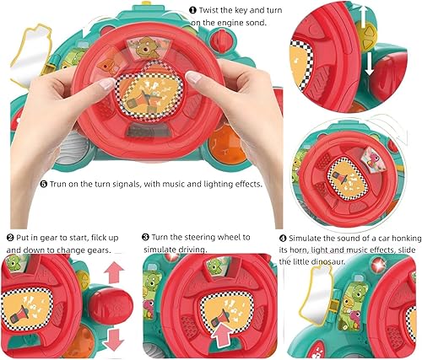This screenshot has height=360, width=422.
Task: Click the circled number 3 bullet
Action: point(145,239)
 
